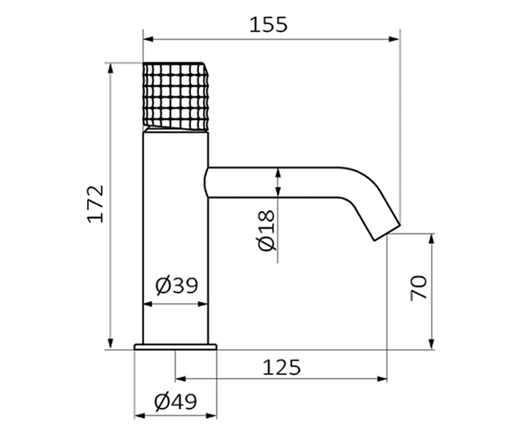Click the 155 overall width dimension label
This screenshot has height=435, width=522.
point(268,25)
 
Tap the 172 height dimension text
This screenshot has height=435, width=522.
point(95,204)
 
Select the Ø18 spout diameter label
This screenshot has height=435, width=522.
point(267,231)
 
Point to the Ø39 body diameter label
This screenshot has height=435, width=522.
point(177,285)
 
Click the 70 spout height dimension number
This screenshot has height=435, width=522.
point(419,288)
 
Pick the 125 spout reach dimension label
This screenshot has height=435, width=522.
point(281,368)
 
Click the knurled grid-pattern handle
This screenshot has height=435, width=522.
point(175,97)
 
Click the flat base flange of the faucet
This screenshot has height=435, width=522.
point(175,347)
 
